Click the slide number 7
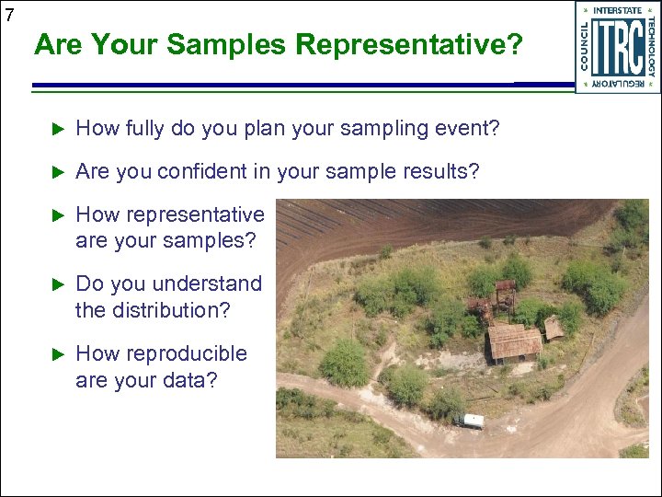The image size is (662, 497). click(x=8, y=14)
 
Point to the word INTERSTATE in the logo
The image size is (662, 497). click(x=618, y=10)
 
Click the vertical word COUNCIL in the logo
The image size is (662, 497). click(x=586, y=46)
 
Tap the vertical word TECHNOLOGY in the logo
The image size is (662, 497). click(x=650, y=46)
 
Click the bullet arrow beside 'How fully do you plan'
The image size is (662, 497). click(x=57, y=129)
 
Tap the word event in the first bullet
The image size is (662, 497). click(x=467, y=129)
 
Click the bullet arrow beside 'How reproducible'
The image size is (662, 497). click(x=57, y=353)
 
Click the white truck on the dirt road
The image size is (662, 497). click(x=468, y=421)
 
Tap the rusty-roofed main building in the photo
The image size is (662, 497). click(x=514, y=342)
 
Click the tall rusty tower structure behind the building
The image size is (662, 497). click(x=504, y=297)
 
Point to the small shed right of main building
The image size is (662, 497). click(x=554, y=327)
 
